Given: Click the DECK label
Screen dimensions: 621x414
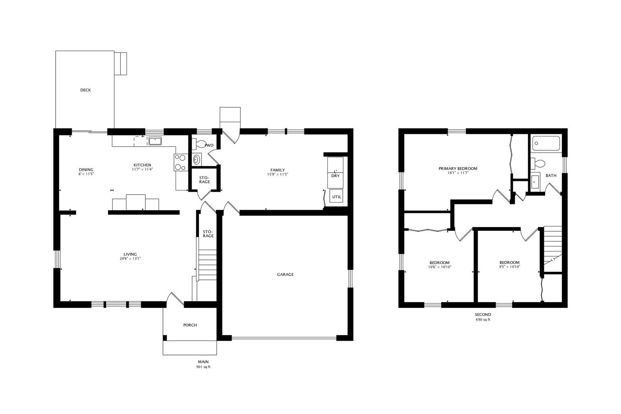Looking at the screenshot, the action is coord(85,90).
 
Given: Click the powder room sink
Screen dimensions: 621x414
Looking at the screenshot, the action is coord(197,160).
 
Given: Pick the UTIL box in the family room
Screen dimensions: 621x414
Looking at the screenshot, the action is coord(336,197).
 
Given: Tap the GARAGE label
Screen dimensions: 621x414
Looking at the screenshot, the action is coord(285,274).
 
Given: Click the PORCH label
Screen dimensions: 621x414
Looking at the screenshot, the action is coord(190,325).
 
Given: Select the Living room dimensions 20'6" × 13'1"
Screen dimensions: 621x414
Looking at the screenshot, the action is coord(130,259).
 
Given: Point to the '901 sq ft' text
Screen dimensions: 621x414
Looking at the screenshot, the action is coord(203,367).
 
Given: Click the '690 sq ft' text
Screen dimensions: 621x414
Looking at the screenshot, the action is coord(483,319).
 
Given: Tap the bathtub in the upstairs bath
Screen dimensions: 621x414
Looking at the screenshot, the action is coord(546,143).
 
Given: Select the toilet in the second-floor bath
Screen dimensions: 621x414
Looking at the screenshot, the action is coord(537,163).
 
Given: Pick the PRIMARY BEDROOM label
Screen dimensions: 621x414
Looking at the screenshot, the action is coord(458,168).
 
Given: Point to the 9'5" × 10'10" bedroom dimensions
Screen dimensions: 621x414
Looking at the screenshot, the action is coord(509,267).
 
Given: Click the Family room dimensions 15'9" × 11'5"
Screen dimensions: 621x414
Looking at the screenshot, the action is coord(278,174).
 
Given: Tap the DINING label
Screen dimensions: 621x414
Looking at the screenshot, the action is coord(86,170).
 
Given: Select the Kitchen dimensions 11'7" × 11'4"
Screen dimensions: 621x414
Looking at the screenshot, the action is coord(143,169).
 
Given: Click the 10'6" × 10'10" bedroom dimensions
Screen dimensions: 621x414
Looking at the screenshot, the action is coord(439,267).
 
